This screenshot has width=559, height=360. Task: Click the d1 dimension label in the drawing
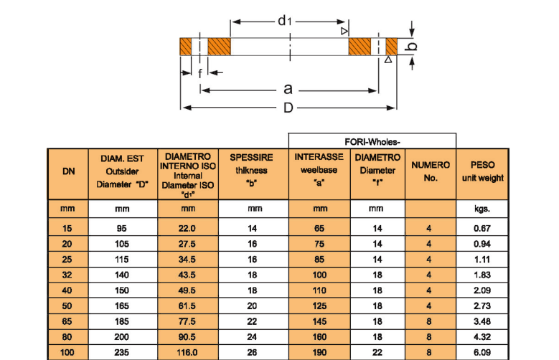(x=285, y=21)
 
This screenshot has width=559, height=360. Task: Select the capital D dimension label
(x=287, y=108)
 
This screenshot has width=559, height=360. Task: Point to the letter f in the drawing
(x=199, y=73)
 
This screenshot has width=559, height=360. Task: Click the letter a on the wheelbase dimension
(x=288, y=89)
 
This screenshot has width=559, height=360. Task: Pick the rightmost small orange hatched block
(x=391, y=47)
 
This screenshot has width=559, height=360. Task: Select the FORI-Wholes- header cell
(x=372, y=141)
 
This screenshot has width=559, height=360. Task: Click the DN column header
(x=69, y=171)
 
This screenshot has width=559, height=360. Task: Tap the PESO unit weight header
(x=482, y=171)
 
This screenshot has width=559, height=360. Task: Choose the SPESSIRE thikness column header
(x=251, y=171)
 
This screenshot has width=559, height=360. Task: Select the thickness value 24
(x=253, y=337)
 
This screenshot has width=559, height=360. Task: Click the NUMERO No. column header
(x=430, y=171)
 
